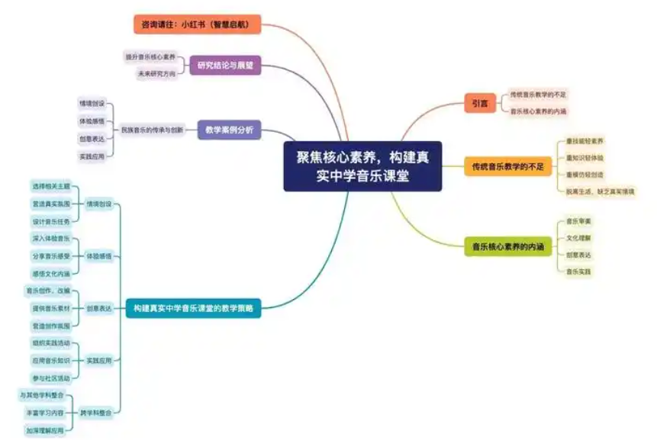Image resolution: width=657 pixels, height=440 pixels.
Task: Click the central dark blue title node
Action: [x=362, y=165]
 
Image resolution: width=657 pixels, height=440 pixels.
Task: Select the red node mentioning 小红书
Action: [x=198, y=24]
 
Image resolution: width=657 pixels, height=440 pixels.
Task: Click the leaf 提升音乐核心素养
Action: [x=150, y=57]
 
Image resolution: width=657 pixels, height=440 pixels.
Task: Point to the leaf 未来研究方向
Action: [x=156, y=74]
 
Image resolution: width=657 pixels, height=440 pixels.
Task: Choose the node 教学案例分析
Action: [x=229, y=130]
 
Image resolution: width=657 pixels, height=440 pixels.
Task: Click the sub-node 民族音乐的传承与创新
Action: [x=152, y=130]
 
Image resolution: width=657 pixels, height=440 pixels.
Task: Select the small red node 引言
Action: [x=480, y=102]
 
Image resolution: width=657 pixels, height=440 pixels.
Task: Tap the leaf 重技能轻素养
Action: [x=585, y=141]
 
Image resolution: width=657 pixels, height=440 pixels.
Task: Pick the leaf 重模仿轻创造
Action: [x=585, y=174]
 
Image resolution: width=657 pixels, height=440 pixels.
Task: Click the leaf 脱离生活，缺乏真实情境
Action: [x=600, y=191]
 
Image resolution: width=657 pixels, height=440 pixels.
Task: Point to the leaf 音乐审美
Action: [x=578, y=221]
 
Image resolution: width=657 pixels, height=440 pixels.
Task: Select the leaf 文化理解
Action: [x=578, y=238]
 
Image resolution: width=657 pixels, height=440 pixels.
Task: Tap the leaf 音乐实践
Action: [x=578, y=271]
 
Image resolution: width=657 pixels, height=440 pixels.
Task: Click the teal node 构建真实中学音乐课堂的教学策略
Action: [x=193, y=308]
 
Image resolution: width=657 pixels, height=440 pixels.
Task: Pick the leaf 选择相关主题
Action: [x=50, y=186]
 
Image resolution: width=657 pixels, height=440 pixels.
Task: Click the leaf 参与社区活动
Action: [x=50, y=377]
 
